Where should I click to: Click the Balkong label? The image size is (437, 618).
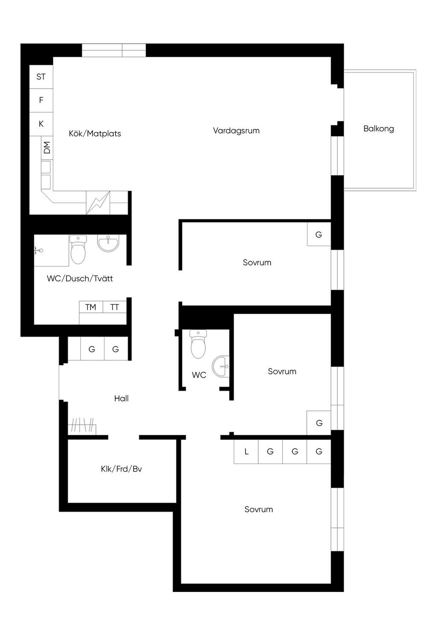click(379, 129)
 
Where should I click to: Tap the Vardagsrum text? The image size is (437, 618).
click(236, 131)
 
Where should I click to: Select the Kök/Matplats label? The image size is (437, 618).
click(95, 134)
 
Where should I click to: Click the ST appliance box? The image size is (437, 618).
click(41, 77)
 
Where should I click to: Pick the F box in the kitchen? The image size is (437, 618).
click(41, 100)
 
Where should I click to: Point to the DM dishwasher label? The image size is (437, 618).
click(47, 148)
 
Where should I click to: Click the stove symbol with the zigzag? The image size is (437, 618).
click(98, 203)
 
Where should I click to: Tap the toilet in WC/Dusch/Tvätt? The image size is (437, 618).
click(78, 249)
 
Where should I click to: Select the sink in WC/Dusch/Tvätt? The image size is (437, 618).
click(108, 243)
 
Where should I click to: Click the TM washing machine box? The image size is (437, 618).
click(91, 307)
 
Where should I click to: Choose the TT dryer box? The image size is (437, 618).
click(115, 307)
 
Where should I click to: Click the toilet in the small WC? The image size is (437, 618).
click(198, 344)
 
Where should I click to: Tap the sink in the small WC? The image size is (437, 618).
click(221, 366)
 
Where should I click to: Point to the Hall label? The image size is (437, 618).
click(121, 398)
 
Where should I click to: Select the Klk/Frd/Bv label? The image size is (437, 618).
click(121, 469)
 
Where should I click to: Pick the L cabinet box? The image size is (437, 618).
click(246, 452)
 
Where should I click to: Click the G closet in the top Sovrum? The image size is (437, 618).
click(319, 234)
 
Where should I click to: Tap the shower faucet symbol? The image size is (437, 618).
click(39, 251)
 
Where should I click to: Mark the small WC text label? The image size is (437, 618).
click(199, 375)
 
